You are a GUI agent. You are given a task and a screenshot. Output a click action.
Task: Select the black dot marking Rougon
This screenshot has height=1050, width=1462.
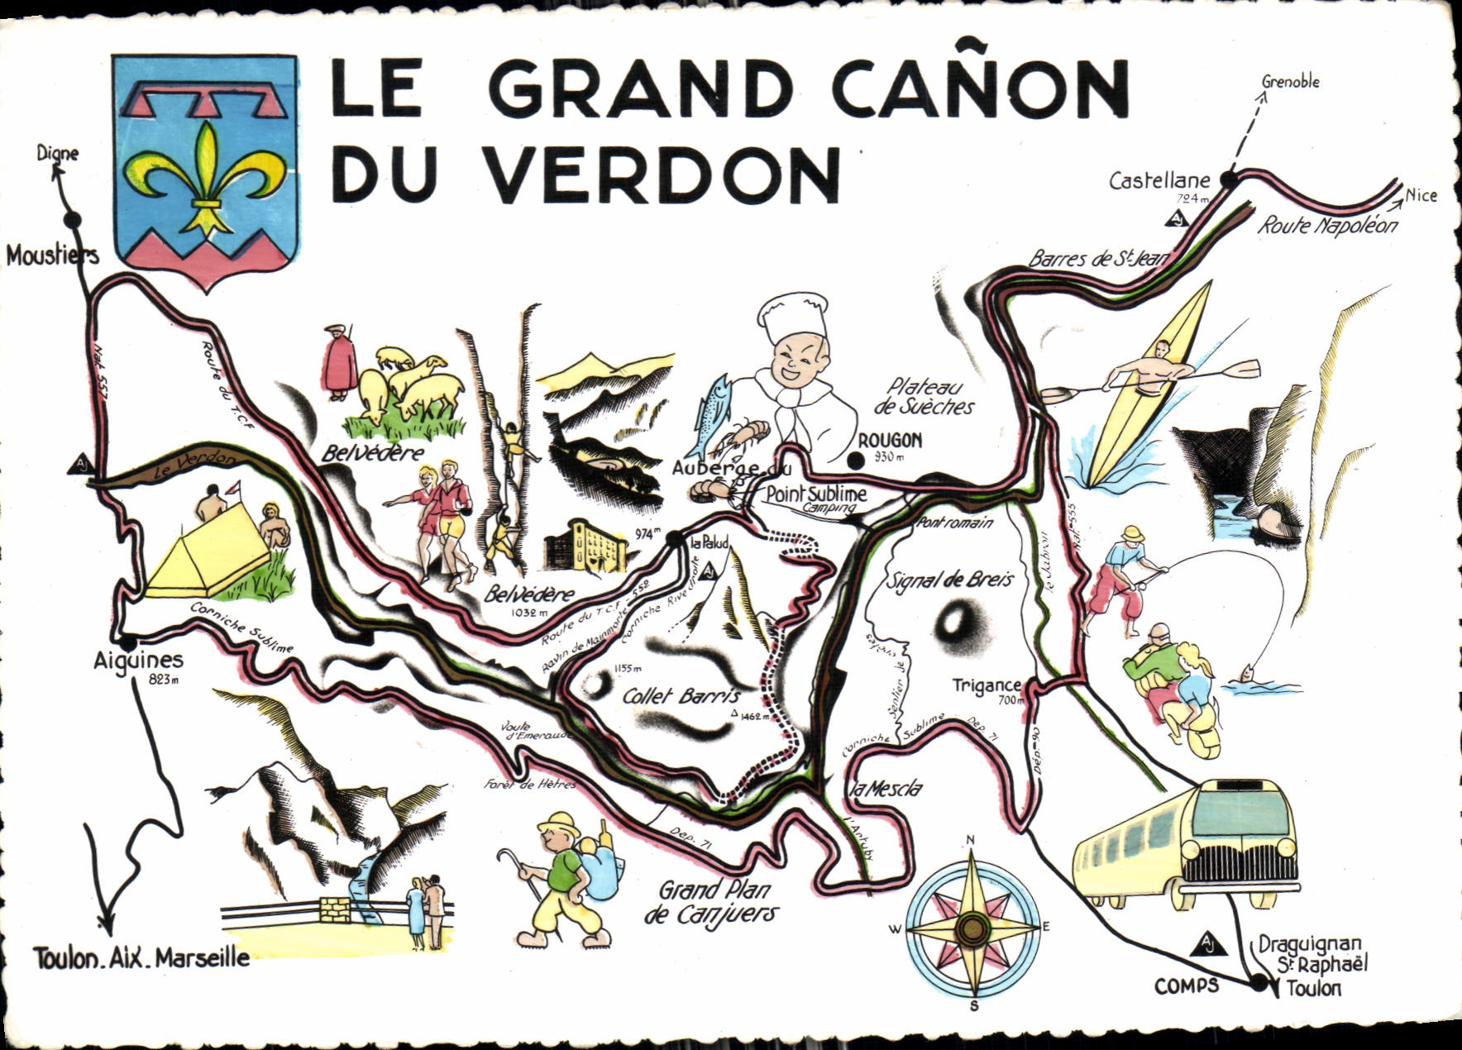click(x=861, y=460)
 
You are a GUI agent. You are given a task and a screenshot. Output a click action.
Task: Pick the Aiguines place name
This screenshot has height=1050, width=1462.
click(x=138, y=661)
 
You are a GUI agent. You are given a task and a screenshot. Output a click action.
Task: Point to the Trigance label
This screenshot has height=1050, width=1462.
click(x=987, y=685)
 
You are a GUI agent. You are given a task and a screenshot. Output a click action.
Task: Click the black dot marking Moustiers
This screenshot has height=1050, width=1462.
click(x=73, y=220)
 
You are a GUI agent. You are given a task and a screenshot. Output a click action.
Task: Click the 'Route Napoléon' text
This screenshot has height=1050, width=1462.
click(x=1327, y=226)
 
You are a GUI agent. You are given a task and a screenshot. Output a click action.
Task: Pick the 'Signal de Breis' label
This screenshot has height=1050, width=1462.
click(x=949, y=580)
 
